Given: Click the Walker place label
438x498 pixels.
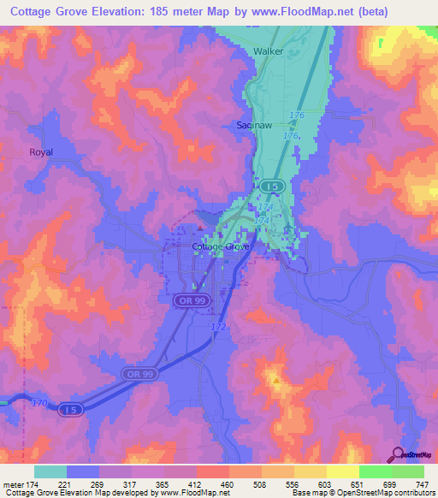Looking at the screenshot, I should point(268,51).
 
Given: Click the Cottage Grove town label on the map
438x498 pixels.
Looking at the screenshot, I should point(220,246).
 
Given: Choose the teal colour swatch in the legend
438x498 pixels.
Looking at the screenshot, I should point(50,471).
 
